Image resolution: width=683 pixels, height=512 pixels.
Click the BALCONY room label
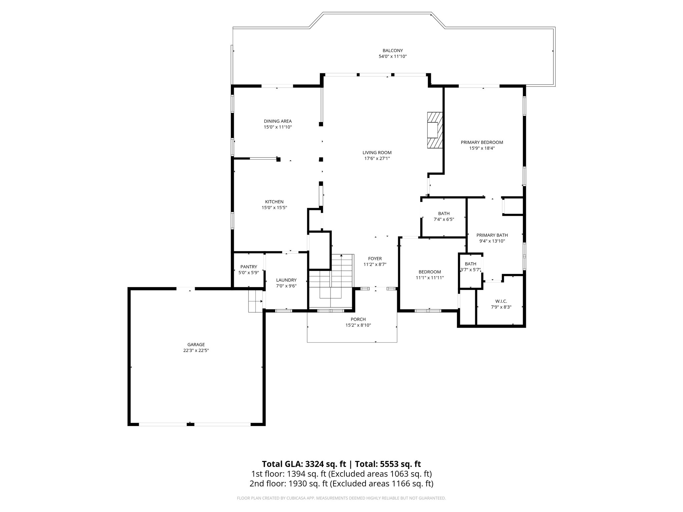coord(393,51)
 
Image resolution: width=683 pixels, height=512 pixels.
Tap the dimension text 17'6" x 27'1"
coord(377,159)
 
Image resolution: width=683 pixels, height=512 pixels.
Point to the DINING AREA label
coord(277,121)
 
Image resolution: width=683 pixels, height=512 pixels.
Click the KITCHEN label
coord(274,202)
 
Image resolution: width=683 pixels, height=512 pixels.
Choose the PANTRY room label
coord(248,267)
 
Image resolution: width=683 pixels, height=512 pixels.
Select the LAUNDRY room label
coord(286,280)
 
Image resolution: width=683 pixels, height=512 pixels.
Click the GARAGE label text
coord(196,345)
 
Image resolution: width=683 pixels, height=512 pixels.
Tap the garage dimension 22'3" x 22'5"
coord(196,351)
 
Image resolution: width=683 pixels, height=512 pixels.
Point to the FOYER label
coord(375,258)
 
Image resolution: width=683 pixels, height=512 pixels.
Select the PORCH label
coord(358,319)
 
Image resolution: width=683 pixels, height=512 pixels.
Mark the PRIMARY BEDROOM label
coord(482,142)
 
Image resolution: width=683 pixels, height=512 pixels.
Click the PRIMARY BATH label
coord(492,235)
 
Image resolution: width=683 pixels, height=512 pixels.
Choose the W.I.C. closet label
coord(501,301)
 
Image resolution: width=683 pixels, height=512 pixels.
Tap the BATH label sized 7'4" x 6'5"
coord(444,213)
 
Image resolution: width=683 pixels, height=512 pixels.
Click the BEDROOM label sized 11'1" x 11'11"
coord(430,272)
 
